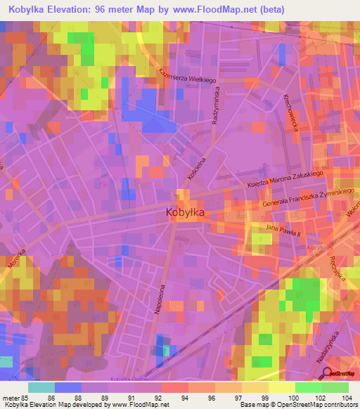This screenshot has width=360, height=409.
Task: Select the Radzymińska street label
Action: click(x=218, y=105)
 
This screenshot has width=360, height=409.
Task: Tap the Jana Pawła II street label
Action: click(x=283, y=229)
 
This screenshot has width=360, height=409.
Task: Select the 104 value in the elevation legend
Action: click(x=347, y=397)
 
